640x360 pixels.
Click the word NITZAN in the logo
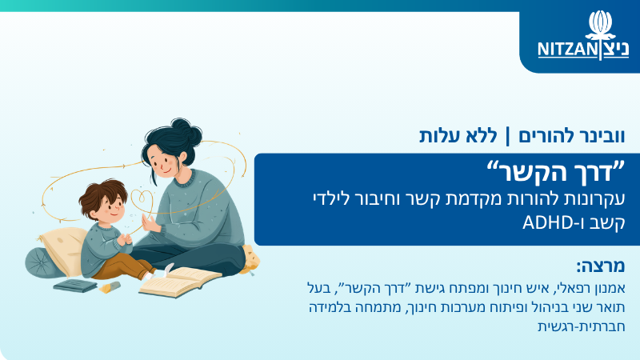pyautogui.click(x=567, y=50)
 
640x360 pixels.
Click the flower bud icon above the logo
pyautogui.click(x=600, y=25)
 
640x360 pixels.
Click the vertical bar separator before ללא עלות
pyautogui.click(x=508, y=136)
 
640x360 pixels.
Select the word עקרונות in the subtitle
pyautogui.click(x=596, y=199)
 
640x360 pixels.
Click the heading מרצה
pyautogui.click(x=601, y=266)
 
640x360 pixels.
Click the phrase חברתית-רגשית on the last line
pyautogui.click(x=582, y=326)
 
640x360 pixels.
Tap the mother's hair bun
pyautogui.click(x=186, y=130)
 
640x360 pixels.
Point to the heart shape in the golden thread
pyautogui.click(x=142, y=199)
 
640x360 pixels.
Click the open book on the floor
pyautogui.click(x=180, y=282)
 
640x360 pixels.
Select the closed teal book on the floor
pyautogui.click(x=74, y=286)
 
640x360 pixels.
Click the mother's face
pyautogui.click(x=162, y=162)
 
